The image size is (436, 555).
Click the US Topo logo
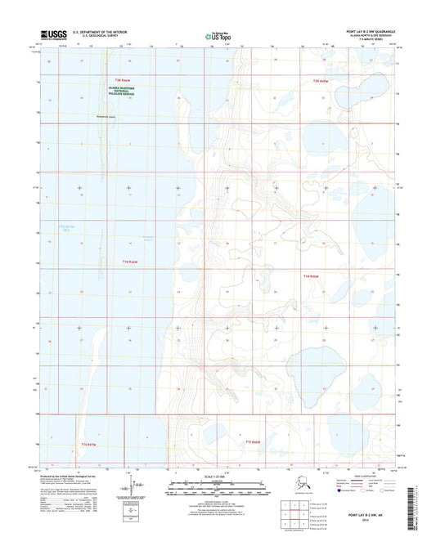[215, 37]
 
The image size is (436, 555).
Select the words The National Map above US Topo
[214, 32]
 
